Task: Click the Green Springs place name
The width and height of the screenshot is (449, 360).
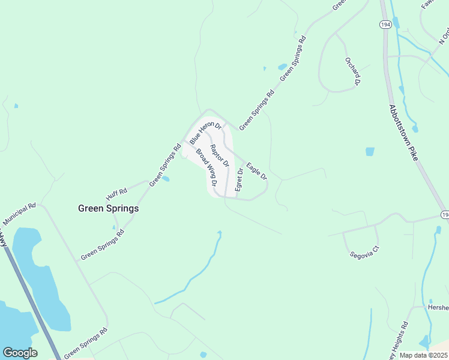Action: tap(109, 209)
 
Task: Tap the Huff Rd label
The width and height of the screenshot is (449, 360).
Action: tap(117, 194)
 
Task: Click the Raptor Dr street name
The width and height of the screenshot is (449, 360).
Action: tap(220, 155)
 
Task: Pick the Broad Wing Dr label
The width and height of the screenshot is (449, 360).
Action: tap(205, 166)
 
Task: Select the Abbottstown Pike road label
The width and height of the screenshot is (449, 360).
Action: tap(404, 133)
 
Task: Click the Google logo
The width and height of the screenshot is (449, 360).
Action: tap(20, 353)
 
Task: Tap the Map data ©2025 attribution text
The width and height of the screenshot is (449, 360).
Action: tap(423, 355)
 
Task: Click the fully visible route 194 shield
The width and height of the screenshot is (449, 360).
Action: tap(385, 24)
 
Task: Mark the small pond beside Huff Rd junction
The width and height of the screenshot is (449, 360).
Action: tap(165, 178)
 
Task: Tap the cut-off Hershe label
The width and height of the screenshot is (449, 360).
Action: tap(438, 307)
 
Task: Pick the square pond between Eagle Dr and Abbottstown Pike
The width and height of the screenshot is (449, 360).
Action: tap(370, 152)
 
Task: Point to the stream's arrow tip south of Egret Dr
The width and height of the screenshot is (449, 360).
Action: tap(220, 233)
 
